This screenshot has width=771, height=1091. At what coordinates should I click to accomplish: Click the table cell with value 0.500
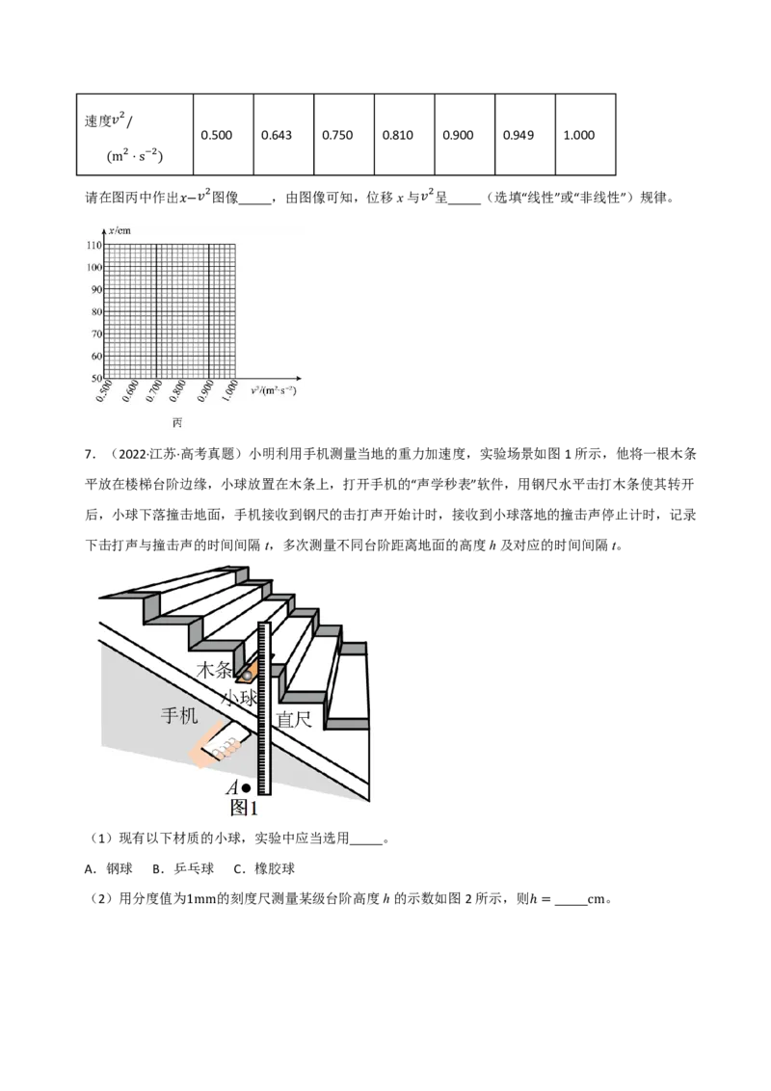click(224, 134)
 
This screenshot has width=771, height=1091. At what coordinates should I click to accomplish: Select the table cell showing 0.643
click(284, 134)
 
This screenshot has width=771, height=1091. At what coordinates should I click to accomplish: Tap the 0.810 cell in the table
click(404, 134)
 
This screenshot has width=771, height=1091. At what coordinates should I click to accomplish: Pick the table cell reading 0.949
click(525, 134)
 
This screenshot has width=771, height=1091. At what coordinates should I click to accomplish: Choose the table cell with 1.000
click(586, 134)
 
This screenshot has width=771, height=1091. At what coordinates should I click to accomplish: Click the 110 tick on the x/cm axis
click(93, 245)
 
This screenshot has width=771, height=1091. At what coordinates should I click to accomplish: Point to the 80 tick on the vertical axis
click(96, 311)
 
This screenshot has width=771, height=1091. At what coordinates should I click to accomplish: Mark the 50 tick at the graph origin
click(96, 378)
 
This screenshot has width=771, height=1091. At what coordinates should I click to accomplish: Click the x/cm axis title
click(120, 230)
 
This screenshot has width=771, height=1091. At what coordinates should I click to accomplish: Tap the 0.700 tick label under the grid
click(154, 391)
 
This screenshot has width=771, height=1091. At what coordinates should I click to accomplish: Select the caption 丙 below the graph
click(177, 423)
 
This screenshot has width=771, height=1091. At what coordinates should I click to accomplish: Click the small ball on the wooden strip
click(247, 675)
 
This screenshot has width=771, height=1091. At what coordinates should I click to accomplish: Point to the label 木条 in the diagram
click(214, 670)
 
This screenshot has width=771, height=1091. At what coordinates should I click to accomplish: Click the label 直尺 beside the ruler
click(294, 719)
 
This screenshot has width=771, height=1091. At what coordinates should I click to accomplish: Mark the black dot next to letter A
click(246, 788)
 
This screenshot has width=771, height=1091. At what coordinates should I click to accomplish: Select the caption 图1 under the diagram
click(244, 807)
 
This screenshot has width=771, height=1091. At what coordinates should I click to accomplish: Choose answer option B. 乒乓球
click(183, 868)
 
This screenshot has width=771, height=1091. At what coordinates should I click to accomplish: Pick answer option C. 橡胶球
click(264, 868)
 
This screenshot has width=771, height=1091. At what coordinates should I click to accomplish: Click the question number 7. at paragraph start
click(89, 454)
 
